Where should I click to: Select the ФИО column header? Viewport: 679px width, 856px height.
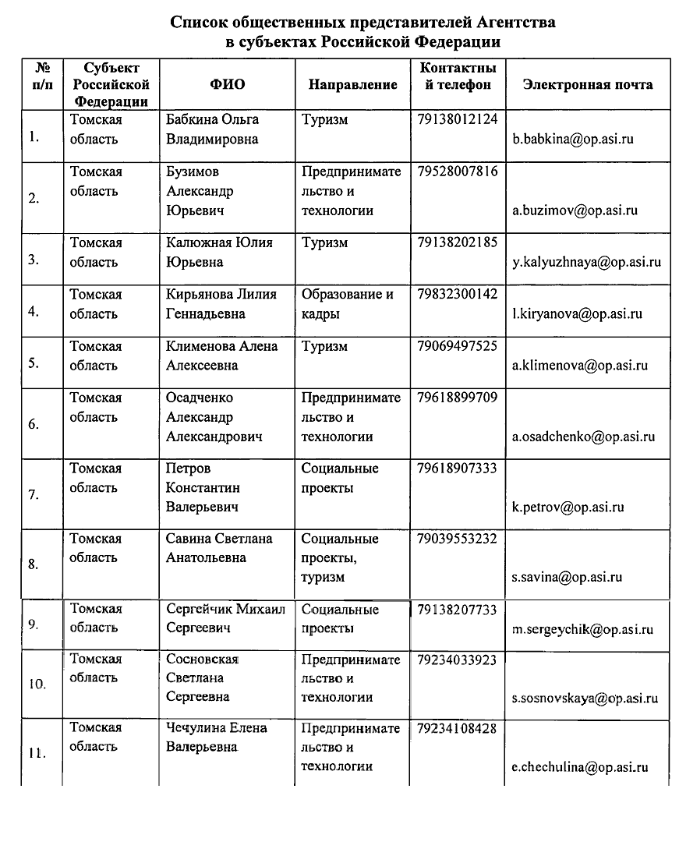pyautogui.click(x=227, y=84)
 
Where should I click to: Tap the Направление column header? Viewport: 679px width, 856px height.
pyautogui.click(x=352, y=85)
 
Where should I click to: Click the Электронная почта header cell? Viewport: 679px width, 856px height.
pyautogui.click(x=588, y=84)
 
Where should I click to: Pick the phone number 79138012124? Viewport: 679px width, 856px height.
pyautogui.click(x=457, y=120)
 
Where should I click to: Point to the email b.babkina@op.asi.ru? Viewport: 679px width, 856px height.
pyautogui.click(x=572, y=140)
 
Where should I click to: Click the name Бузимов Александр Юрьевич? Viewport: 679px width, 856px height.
pyautogui.click(x=200, y=191)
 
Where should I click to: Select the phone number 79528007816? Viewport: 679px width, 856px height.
pyautogui.click(x=457, y=172)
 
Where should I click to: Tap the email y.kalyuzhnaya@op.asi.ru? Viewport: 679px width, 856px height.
pyautogui.click(x=586, y=262)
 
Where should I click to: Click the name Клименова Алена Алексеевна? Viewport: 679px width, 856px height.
pyautogui.click(x=221, y=355)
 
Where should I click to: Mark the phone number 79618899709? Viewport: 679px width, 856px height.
pyautogui.click(x=457, y=398)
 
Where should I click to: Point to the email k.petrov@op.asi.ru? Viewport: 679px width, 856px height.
pyautogui.click(x=568, y=508)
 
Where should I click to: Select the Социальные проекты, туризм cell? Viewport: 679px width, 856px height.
pyautogui.click(x=340, y=558)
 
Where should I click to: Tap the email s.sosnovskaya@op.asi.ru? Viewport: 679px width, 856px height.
pyautogui.click(x=585, y=699)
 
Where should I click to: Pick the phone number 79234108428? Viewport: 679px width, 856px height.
pyautogui.click(x=457, y=728)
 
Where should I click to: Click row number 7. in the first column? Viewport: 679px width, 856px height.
pyautogui.click(x=34, y=494)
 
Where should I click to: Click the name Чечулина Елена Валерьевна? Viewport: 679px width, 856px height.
pyautogui.click(x=216, y=738)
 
